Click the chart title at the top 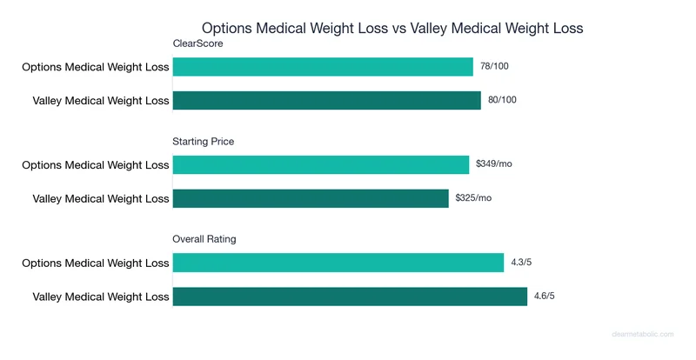[x=391, y=28]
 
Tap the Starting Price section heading [x=204, y=141]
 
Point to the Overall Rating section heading [x=204, y=238]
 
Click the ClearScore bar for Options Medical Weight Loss [x=323, y=67]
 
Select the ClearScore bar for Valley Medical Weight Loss [x=327, y=101]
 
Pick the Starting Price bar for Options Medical [x=321, y=164]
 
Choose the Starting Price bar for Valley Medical [x=311, y=198]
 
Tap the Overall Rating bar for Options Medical [x=338, y=262]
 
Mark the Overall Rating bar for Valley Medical [x=350, y=296]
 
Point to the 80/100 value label [x=502, y=101]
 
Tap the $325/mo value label [x=473, y=198]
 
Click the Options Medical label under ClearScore [x=96, y=67]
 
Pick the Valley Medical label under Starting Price [x=101, y=198]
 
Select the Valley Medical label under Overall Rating [x=101, y=296]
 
